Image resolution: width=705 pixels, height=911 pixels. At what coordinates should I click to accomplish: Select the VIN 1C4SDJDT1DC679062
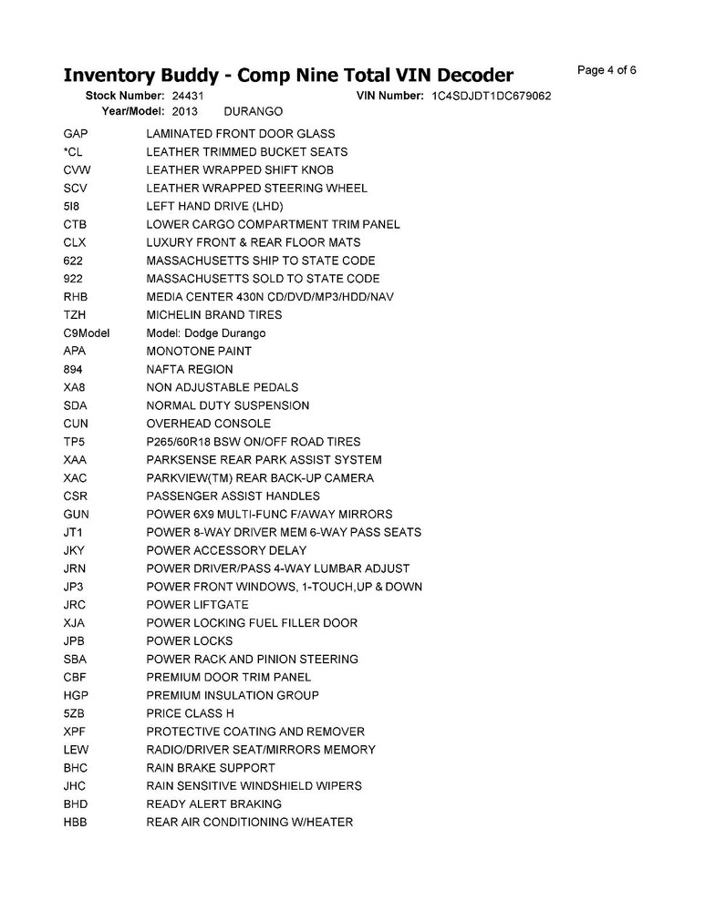point(492,96)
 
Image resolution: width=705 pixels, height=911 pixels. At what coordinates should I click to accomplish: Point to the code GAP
point(76,134)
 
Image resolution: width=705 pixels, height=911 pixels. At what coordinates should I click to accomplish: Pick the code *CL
point(73,152)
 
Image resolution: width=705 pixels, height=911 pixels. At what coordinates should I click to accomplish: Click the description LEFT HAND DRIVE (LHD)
point(215,206)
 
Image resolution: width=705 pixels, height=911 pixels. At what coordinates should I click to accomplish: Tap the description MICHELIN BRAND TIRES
point(214,315)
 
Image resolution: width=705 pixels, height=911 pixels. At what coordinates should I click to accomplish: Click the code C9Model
point(87,333)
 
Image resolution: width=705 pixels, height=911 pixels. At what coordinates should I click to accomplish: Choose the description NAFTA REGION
point(190,369)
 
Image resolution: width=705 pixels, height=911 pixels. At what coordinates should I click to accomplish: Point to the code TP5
point(75,442)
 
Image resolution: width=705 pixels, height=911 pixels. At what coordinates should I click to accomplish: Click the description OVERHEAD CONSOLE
point(209,424)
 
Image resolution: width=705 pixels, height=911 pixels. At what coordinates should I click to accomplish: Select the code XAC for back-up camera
point(76,478)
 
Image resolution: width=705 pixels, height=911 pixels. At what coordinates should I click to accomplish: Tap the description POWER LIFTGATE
point(197,605)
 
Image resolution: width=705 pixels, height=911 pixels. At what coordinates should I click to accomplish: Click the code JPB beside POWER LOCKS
point(76,641)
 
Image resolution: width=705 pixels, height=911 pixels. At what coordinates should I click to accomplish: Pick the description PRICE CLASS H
point(191,713)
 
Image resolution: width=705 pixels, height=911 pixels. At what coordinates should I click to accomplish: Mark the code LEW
point(76,750)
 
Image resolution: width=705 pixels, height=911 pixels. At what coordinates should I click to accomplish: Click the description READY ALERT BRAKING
point(214,804)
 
